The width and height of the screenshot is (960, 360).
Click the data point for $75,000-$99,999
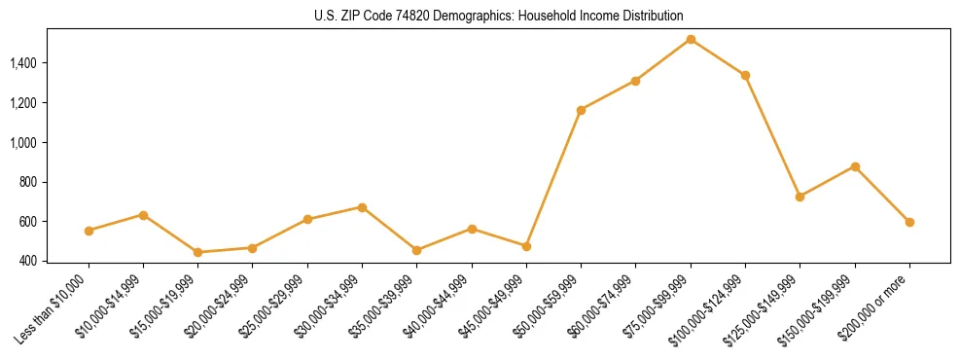coord(691,39)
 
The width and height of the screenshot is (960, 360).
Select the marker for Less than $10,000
coord(89,231)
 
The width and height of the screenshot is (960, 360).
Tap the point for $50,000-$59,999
coord(581,110)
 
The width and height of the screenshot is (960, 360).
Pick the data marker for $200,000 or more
coord(909,222)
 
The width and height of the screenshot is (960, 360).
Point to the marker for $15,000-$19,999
coord(198,252)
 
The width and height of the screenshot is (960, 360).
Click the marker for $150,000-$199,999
coord(855,166)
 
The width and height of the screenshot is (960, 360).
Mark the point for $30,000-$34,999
coord(362,207)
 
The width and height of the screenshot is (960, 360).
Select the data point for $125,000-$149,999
coord(800,197)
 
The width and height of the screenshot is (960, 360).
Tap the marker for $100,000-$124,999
coord(745,75)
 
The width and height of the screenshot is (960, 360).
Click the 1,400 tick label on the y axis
coord(23,63)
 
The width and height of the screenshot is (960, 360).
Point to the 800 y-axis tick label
coord(30,182)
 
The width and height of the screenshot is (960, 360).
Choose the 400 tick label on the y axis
coord(30,261)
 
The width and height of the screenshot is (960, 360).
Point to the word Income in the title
coord(578,17)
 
